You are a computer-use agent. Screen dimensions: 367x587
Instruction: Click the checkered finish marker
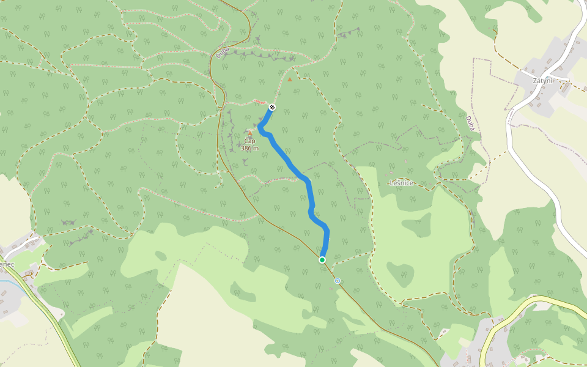coord(272,108)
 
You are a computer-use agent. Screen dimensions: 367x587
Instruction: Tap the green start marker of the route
coord(322,260)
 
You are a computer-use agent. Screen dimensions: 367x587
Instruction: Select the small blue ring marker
coord(338,281)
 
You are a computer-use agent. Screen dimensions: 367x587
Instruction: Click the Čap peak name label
coord(249,141)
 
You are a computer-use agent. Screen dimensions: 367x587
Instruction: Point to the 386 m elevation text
coord(249,148)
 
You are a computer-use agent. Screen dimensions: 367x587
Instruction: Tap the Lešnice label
coord(402,183)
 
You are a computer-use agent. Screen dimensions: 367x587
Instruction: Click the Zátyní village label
coord(542,80)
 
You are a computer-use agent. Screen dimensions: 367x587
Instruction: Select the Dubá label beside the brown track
coord(222,53)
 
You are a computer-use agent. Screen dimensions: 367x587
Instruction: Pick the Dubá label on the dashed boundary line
coord(470,124)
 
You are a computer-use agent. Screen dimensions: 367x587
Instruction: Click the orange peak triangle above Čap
coord(249,132)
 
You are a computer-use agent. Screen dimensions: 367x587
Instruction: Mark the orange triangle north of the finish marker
coord(290,79)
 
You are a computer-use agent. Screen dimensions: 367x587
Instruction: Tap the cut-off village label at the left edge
coord(7,264)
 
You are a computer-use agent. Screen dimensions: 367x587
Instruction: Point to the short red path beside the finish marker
coord(260,102)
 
